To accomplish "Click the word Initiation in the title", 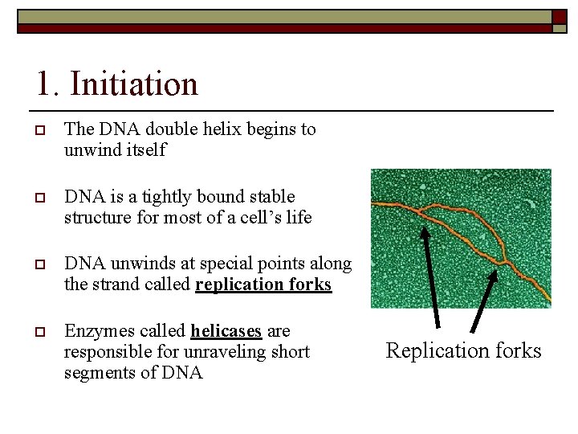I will click(x=133, y=84).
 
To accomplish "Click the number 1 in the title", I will click(x=45, y=84).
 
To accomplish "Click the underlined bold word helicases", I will click(x=226, y=331).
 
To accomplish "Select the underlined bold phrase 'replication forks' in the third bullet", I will click(x=263, y=285).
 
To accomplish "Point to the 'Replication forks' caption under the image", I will click(x=463, y=350).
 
